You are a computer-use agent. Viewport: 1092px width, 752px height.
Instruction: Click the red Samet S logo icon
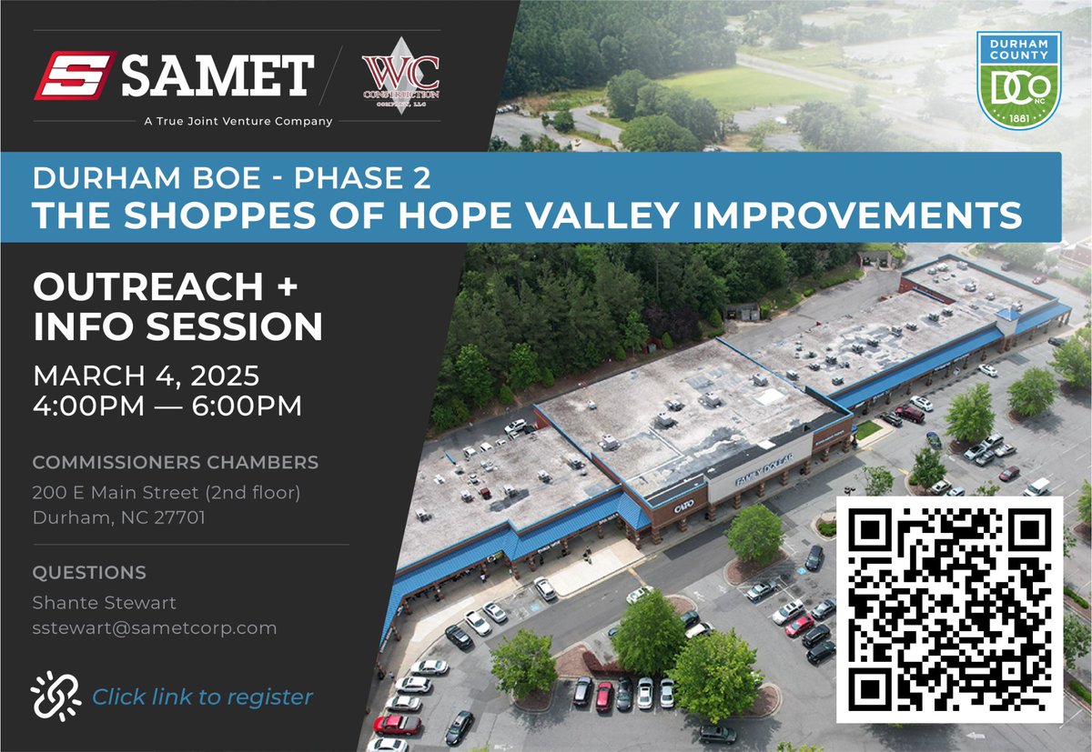[x=74, y=75]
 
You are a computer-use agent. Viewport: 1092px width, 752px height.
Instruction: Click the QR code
[x=949, y=608]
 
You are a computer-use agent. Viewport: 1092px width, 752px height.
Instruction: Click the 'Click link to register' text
[x=202, y=697]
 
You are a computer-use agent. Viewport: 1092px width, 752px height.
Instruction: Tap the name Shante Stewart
[x=105, y=602]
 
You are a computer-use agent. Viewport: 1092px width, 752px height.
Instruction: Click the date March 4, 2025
[x=147, y=375]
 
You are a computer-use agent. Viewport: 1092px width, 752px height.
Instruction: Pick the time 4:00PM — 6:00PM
[x=167, y=406]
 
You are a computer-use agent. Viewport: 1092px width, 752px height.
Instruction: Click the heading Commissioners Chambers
[x=176, y=463]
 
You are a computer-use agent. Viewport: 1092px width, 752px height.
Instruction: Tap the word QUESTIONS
[x=89, y=573]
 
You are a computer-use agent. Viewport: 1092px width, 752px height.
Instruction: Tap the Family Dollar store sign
[x=763, y=469]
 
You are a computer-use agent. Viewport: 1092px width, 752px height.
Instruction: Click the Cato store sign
[x=683, y=506]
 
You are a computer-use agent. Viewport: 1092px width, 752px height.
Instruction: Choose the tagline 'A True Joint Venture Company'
[x=238, y=121]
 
